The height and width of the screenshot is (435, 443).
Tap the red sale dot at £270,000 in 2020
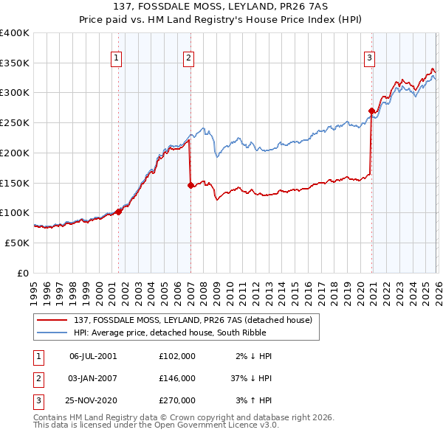[371, 111]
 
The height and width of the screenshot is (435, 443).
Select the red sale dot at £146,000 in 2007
[190, 185]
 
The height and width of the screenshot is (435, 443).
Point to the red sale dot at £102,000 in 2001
[118, 212]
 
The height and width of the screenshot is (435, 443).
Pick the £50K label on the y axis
[17, 243]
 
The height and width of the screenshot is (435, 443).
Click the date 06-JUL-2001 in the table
[93, 355]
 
